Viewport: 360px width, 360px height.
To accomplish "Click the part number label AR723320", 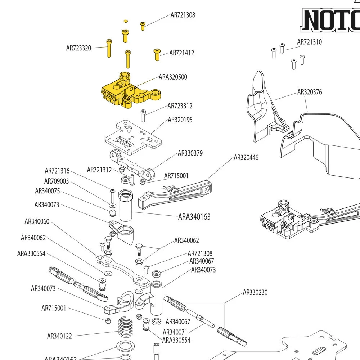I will point(78,48).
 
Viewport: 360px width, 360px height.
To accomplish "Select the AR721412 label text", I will point(181,53).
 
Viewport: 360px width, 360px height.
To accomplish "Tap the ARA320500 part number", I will point(173,77).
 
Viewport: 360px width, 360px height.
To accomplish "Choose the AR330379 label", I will point(190,153).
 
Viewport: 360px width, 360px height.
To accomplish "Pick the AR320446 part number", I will point(246,158).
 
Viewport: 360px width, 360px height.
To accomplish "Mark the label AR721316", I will point(57,171).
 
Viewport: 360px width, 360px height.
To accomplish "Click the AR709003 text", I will point(57,181).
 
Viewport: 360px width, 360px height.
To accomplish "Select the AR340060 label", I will point(37,222).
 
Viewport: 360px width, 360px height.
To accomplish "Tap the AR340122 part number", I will point(59,336).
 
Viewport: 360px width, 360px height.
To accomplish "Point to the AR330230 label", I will point(255,292).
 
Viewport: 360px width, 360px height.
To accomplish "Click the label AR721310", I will point(309,42).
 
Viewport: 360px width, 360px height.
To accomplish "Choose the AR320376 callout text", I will point(309,92).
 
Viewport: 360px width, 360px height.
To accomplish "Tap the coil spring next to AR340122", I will point(126,327).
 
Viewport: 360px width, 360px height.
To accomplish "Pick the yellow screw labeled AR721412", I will point(157,54).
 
